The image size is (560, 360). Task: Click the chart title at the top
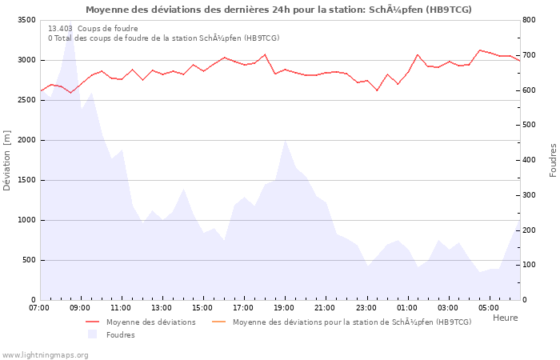278,10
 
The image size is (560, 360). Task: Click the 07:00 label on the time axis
39,307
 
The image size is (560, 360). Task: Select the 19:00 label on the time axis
284,307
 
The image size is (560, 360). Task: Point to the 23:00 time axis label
366,307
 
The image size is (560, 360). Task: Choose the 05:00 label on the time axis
488,307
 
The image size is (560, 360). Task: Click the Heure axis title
505,318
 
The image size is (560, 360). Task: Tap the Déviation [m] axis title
7,160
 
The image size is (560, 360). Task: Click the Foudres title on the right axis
553,160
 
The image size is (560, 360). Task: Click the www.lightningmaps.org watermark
46,354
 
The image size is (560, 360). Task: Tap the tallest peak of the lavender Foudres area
70,23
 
